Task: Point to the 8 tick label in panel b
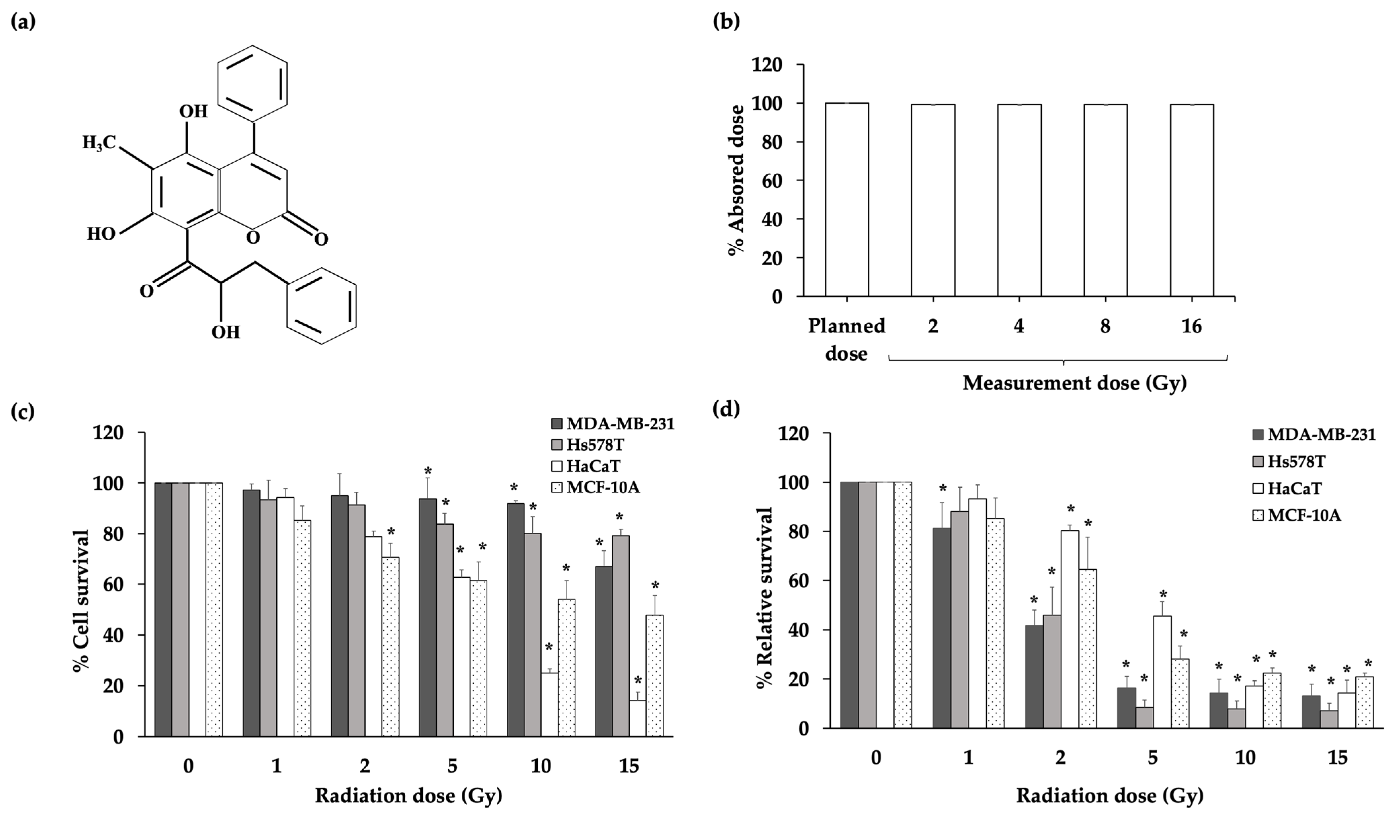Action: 1105,327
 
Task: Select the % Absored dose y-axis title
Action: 736,179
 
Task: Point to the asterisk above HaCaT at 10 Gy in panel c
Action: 549,647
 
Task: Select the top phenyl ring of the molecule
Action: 252,83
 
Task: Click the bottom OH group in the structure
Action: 226,332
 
